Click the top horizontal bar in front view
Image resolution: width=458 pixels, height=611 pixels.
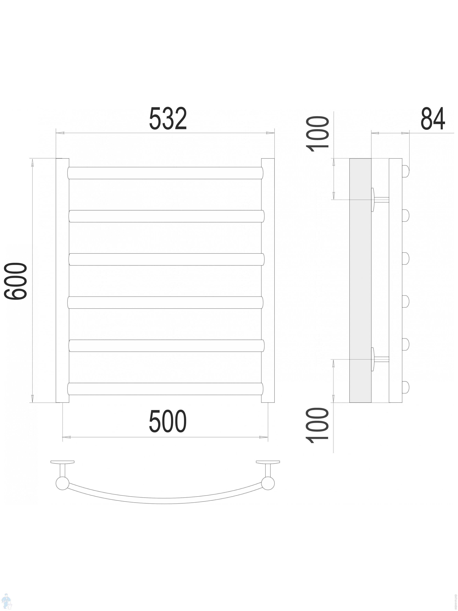165,173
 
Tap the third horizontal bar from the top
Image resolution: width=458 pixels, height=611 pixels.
166,259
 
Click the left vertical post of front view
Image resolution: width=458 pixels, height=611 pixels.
62,280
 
